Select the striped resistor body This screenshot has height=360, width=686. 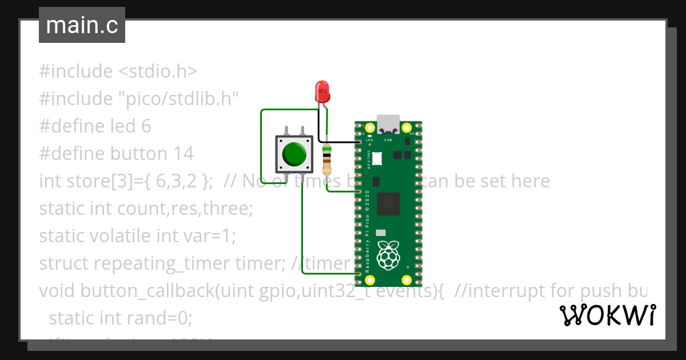click(326, 159)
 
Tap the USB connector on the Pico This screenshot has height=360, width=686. click(388, 123)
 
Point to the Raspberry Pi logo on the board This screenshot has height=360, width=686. click(389, 255)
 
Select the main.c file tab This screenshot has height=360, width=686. click(82, 26)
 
